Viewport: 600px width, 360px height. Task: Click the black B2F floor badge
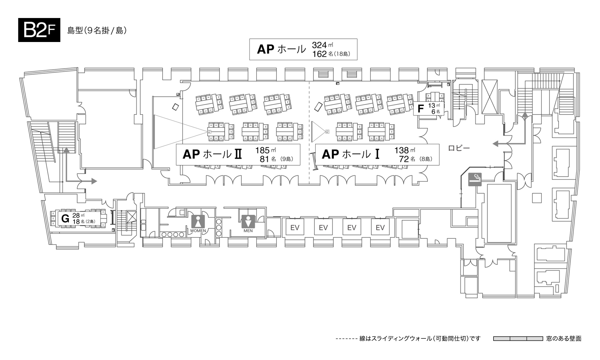coord(39,30)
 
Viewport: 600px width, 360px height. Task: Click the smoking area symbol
coord(475,179)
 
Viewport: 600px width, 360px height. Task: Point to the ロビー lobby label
coord(459,148)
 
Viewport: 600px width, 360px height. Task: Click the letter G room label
coord(65,218)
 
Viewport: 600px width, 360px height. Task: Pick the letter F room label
coord(421,109)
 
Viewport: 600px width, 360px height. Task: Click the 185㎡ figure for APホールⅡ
coord(265,150)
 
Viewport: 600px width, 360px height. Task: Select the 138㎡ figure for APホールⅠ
coord(404,150)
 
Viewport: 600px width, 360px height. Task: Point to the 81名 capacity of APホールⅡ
coord(268,159)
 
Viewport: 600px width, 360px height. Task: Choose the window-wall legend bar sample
coord(518,339)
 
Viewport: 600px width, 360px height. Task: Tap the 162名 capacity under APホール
coord(323,54)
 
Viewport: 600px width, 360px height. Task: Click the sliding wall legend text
coord(420,339)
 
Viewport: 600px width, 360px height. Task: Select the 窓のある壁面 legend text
coord(564,339)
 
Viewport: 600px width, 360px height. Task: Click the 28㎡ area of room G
coord(78,215)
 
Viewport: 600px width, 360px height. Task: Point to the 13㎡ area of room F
coord(433,106)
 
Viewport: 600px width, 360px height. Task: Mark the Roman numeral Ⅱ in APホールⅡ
coord(238,154)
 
